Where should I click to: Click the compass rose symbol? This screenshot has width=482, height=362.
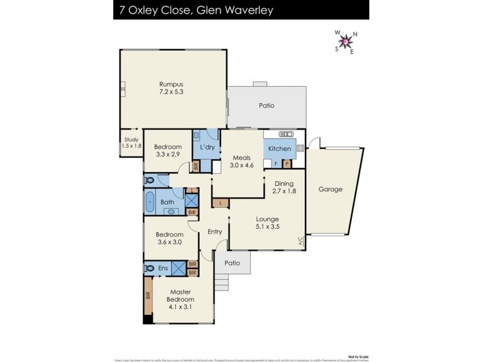point(346,41)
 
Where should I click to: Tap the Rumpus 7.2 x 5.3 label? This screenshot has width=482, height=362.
point(171,88)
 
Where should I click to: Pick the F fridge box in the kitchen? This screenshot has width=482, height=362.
point(275,163)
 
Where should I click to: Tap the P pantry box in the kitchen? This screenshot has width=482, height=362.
point(287,163)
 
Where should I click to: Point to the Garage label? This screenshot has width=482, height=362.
point(330,189)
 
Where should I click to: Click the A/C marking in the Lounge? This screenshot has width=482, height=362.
point(299,241)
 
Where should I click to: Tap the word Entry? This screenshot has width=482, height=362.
point(214,232)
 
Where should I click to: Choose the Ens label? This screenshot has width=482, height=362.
point(163,268)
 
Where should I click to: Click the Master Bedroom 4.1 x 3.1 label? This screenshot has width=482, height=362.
point(181,300)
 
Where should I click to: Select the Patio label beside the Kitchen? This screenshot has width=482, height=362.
point(266,106)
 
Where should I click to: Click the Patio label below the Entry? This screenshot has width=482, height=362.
point(232,263)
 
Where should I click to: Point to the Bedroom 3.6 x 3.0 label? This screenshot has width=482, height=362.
point(169,238)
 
